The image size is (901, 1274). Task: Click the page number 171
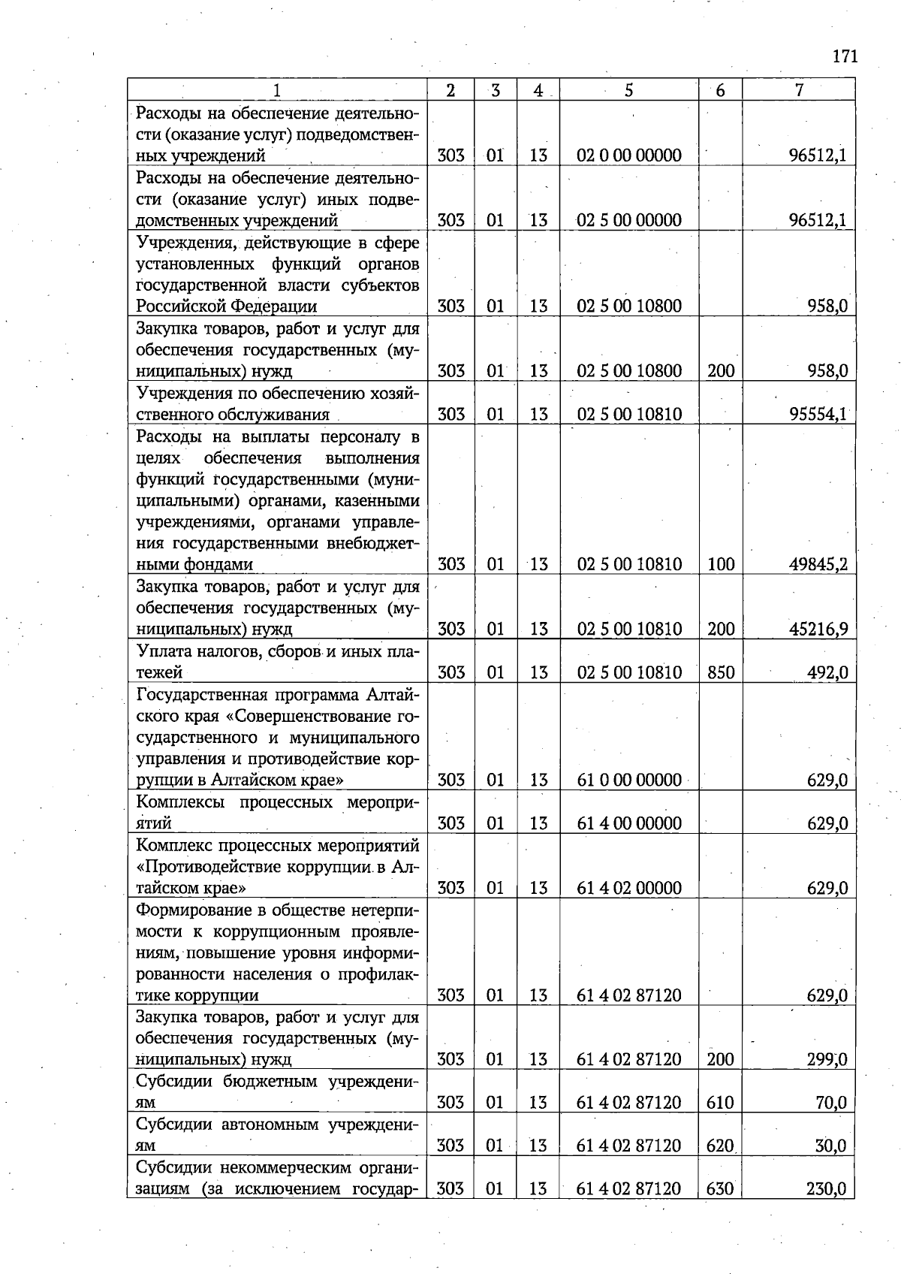[845, 56]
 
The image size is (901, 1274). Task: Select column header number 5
[628, 90]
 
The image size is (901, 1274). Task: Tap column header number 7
[799, 90]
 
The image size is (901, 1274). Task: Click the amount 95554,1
[818, 415]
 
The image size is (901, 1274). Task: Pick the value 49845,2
[818, 564]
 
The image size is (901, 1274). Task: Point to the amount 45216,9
[818, 629]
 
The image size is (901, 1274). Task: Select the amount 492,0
[827, 672]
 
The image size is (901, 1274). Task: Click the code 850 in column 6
[721, 672]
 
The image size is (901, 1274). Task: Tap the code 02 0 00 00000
[629, 155]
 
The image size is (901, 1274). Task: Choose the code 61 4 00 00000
[629, 823]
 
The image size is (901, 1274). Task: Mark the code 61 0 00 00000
[629, 780]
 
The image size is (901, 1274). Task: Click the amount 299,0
[827, 1060]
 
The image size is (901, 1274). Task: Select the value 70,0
[831, 1103]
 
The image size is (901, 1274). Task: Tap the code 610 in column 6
[721, 1103]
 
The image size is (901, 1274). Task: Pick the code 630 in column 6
[721, 1189]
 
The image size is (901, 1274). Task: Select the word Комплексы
[180, 802]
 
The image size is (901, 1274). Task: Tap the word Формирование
[187, 910]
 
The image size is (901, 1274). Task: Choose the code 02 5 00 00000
[629, 220]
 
